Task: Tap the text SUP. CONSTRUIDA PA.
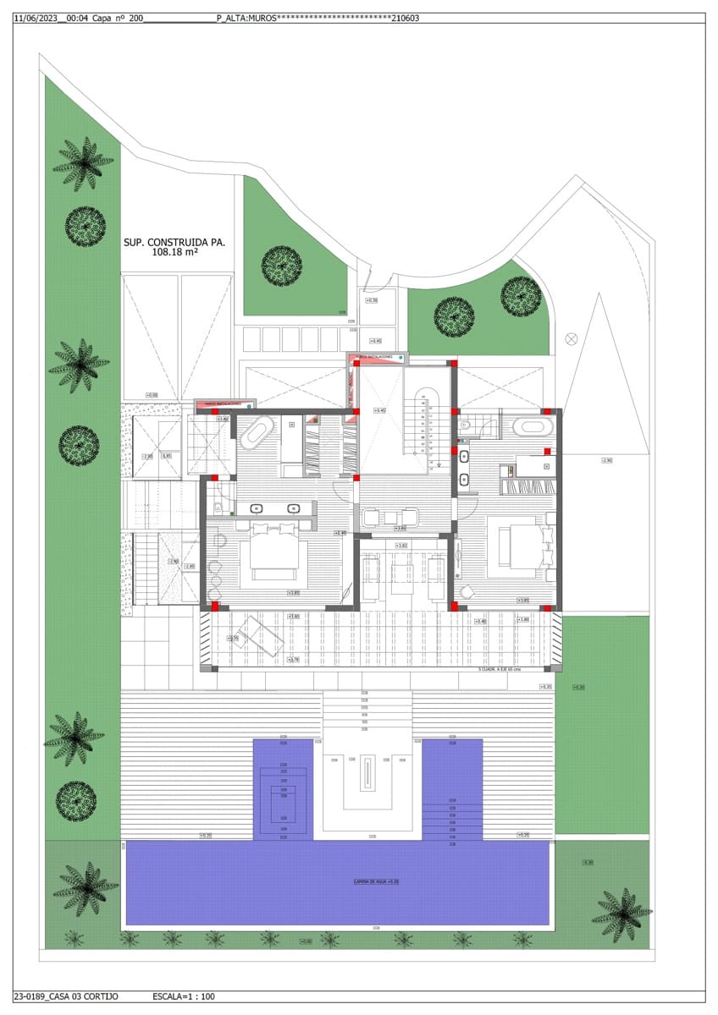174,242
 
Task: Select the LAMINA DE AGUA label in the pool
376,881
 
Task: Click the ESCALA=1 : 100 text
183,996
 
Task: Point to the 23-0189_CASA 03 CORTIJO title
66,996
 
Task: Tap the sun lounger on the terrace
261,636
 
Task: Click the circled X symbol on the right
572,338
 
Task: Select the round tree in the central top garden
282,264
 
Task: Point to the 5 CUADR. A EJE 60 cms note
499,669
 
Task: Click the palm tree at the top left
84,162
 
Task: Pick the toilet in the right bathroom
465,425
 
